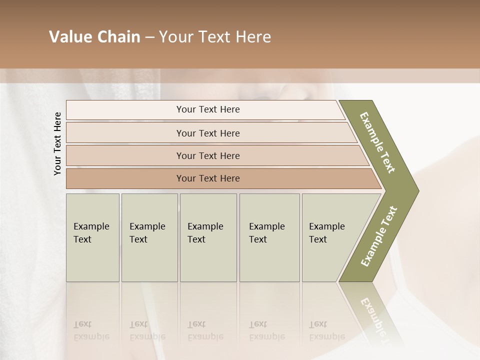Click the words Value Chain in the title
(94, 37)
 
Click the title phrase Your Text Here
(215, 37)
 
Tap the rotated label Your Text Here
(57, 143)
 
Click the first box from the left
(92, 237)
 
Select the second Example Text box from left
(149, 237)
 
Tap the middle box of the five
(208, 237)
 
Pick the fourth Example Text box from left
(269, 237)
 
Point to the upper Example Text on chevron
(377, 142)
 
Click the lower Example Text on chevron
(378, 236)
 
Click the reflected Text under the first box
(82, 324)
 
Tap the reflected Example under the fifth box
(327, 336)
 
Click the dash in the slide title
(149, 37)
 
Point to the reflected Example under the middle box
(205, 336)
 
